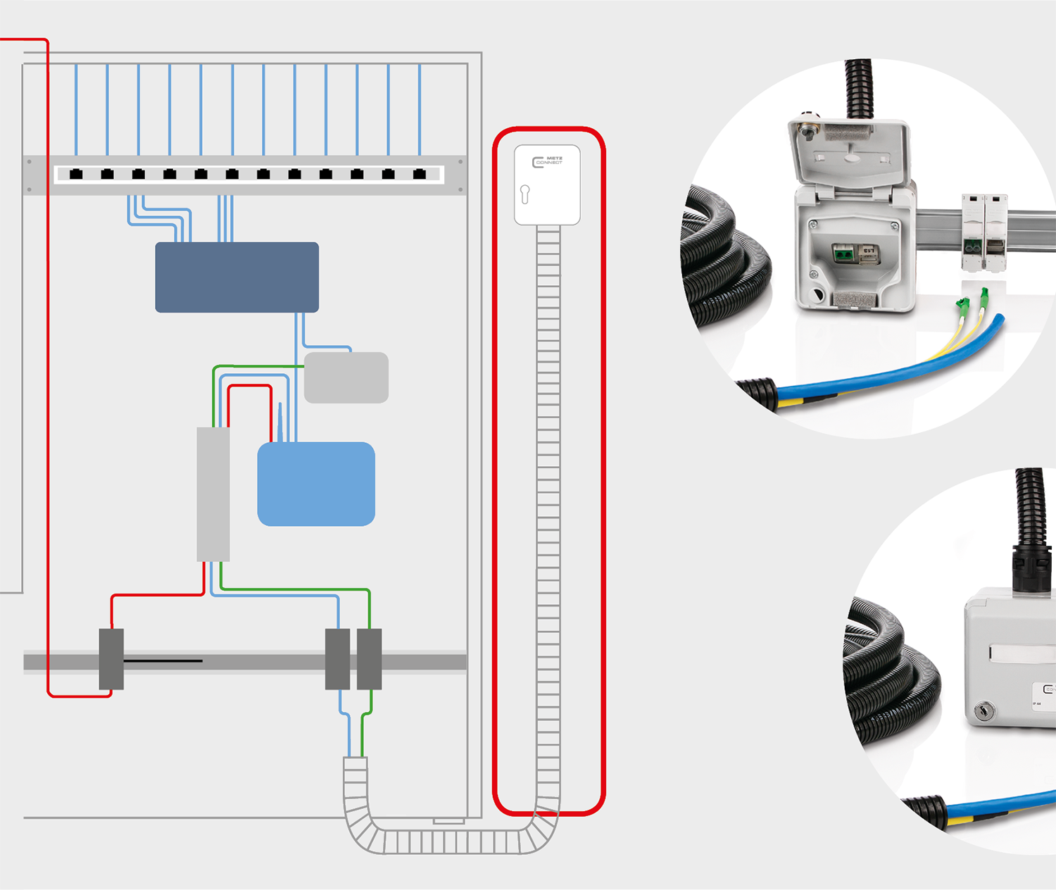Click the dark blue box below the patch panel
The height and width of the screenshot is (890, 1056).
click(237, 277)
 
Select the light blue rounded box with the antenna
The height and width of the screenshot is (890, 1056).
click(316, 484)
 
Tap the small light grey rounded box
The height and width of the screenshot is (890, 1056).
click(346, 377)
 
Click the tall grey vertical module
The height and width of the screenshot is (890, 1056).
click(213, 494)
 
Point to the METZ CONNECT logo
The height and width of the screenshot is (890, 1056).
click(547, 162)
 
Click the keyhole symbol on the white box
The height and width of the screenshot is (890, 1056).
click(524, 194)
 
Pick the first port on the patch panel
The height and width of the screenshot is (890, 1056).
click(76, 174)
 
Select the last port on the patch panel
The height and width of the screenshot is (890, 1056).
click(420, 174)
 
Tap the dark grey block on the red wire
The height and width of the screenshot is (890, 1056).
click(111, 659)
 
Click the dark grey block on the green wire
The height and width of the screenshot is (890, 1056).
click(370, 659)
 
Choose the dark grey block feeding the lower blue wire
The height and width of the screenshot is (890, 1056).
click(338, 659)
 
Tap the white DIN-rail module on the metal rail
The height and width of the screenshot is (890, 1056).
click(984, 232)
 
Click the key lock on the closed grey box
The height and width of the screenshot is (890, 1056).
click(984, 712)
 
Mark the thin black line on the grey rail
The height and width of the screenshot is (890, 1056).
click(163, 661)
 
